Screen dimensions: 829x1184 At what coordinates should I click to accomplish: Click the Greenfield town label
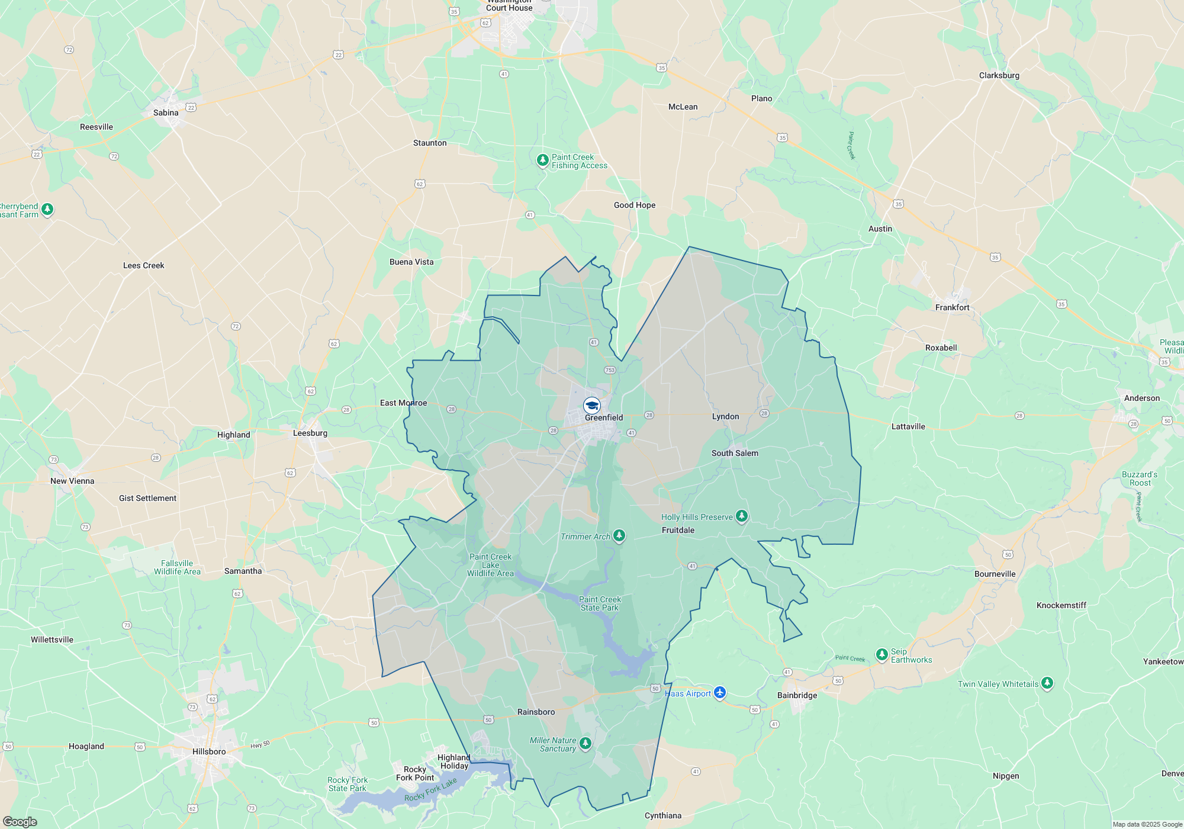coord(604,417)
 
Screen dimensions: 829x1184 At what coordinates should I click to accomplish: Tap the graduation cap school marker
coord(591,406)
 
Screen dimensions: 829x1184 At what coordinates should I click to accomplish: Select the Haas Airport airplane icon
coord(720,692)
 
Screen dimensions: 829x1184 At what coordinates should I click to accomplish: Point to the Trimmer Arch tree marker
coord(619,536)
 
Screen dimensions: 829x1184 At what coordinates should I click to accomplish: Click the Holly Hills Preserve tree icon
coord(741,516)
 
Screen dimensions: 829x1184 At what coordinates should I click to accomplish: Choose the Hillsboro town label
coord(209,751)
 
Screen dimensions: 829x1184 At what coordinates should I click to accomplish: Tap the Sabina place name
coord(166,113)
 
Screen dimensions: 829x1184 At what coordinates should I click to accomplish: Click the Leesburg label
coord(310,433)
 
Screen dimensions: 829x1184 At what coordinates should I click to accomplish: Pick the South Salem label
coord(735,453)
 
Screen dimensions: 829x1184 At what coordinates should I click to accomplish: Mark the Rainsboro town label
coord(536,712)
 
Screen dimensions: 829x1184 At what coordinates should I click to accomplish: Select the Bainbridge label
coord(797,695)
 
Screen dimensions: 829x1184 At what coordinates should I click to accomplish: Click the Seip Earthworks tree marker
coord(882,654)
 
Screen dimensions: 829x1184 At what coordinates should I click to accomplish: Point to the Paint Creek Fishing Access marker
coord(542,160)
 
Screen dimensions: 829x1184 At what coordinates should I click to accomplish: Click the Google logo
coord(20,821)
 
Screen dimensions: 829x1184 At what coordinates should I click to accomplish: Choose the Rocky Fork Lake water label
coord(430,790)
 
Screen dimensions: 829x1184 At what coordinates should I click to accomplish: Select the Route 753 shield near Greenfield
coord(610,370)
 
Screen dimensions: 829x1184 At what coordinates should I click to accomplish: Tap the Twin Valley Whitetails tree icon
coord(1047,683)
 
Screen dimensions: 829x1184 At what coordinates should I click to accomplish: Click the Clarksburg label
coord(999,75)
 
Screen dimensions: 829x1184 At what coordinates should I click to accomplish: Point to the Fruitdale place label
coord(678,530)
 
